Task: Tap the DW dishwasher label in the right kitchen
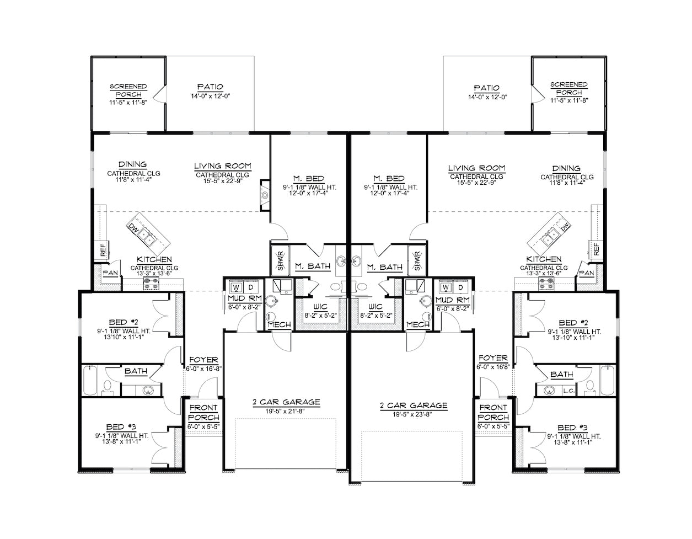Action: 565,227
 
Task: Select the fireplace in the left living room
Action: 265,195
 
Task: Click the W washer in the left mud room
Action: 236,287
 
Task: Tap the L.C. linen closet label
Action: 568,391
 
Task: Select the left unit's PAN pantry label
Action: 110,273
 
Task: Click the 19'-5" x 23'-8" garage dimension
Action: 412,415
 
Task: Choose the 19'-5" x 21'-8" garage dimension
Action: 285,411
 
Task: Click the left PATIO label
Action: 210,87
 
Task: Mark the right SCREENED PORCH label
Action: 569,89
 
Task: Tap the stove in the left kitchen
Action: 152,284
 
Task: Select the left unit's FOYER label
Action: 204,360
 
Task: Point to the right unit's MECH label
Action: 418,324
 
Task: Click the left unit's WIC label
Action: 320,306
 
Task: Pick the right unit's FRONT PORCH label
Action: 493,413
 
